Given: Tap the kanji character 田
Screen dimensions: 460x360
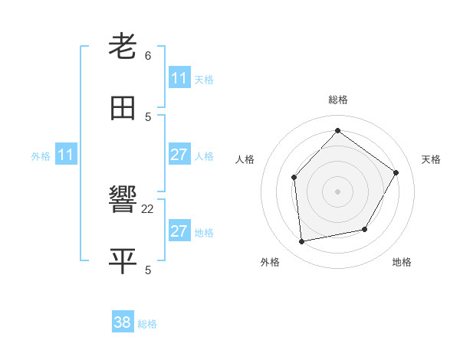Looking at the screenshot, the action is coord(123,109).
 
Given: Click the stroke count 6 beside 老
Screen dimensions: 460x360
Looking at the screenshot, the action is coord(148,55).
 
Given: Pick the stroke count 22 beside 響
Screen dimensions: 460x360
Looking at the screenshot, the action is coord(148,208).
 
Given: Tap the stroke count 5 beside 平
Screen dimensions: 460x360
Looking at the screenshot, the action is coord(148,270).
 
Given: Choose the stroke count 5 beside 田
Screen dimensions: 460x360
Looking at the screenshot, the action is coord(148,116).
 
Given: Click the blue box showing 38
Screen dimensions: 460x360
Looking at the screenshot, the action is coord(123,322).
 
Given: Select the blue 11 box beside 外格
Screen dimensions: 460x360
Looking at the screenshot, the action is coord(66,155).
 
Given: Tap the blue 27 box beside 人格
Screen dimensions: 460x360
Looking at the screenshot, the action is coord(179,155).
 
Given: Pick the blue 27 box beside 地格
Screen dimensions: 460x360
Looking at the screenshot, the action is coord(179,231).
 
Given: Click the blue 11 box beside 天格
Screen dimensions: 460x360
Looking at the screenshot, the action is coord(179,78).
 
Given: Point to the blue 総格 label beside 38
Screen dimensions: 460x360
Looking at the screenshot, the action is coord(147,324).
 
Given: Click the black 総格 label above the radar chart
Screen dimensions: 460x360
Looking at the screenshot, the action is coord(337,100).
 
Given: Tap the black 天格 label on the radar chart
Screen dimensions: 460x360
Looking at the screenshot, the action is coord(431,159).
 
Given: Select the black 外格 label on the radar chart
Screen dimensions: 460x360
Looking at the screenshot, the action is coord(270,262).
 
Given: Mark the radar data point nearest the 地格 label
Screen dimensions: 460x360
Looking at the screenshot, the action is coord(365,229).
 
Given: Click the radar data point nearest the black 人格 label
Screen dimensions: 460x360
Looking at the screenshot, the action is coord(294,177).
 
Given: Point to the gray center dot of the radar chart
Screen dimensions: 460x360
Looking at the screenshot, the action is coord(337,191).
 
